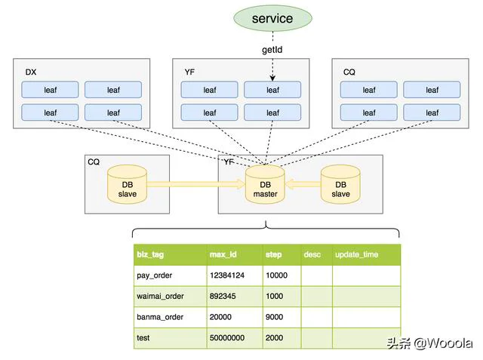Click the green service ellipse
pyautogui.click(x=272, y=18)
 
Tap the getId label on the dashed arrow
pyautogui.click(x=272, y=50)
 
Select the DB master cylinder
pyautogui.click(x=265, y=184)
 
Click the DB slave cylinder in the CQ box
pyautogui.click(x=127, y=184)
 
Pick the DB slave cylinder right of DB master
pyautogui.click(x=340, y=184)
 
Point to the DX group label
pyautogui.click(x=31, y=72)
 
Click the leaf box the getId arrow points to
pyautogui.click(x=272, y=90)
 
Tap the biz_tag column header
pyautogui.click(x=150, y=254)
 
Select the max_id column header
pyautogui.click(x=223, y=254)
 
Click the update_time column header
pyautogui.click(x=356, y=254)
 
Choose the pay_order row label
pyautogui.click(x=154, y=275)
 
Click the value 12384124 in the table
pyautogui.click(x=227, y=275)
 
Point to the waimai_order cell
pyautogui.click(x=160, y=297)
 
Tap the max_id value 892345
pyautogui.click(x=223, y=296)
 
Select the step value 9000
pyautogui.click(x=274, y=317)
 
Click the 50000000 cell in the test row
pyautogui.click(x=227, y=338)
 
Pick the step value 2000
pyautogui.click(x=274, y=338)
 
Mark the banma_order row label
pyautogui.click(x=160, y=317)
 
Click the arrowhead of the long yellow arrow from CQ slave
pyautogui.click(x=241, y=184)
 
